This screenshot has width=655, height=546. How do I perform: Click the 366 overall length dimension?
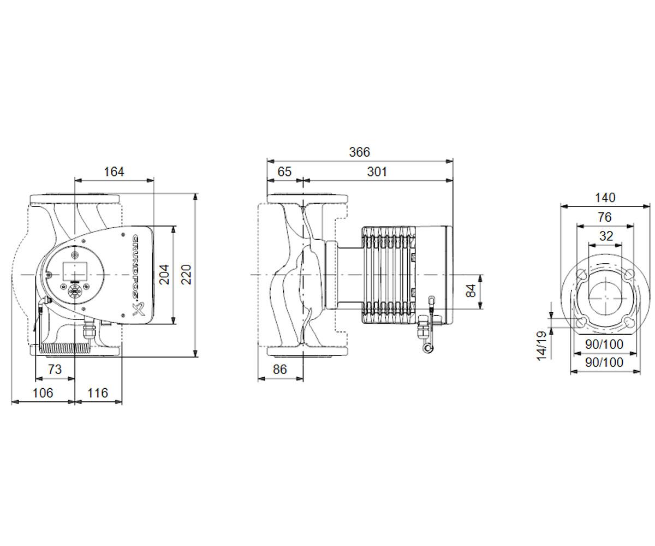pyautogui.click(x=360, y=152)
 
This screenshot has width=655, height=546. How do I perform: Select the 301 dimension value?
pyautogui.click(x=377, y=172)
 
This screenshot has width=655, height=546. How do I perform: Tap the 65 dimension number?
pyautogui.click(x=284, y=172)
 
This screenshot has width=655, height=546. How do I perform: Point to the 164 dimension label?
pyautogui.click(x=114, y=172)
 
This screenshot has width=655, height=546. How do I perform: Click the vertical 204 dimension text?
pyautogui.click(x=164, y=275)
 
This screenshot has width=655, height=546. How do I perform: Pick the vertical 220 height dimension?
pyautogui.click(x=186, y=275)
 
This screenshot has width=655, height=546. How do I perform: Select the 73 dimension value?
pyautogui.click(x=55, y=369)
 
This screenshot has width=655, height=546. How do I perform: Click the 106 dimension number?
pyautogui.click(x=43, y=393)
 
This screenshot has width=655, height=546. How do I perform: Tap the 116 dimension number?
pyautogui.click(x=98, y=393)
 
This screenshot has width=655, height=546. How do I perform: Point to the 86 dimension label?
pyautogui.click(x=279, y=369)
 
